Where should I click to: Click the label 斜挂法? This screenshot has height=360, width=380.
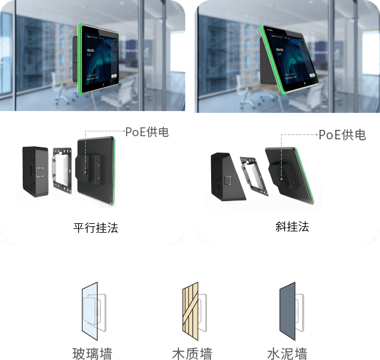pyautogui.click(x=287, y=226)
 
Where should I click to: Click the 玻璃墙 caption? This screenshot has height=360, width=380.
pyautogui.click(x=93, y=352)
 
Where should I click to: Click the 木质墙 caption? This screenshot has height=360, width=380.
pyautogui.click(x=190, y=352)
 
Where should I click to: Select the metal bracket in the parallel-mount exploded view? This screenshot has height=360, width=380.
pyautogui.click(x=60, y=167)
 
